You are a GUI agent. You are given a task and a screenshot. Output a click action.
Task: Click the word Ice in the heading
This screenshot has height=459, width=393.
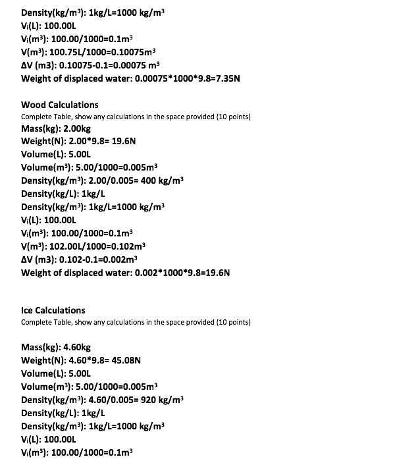[x=28, y=310]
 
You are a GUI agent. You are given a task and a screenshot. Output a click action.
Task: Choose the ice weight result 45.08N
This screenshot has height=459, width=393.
[x=124, y=360]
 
